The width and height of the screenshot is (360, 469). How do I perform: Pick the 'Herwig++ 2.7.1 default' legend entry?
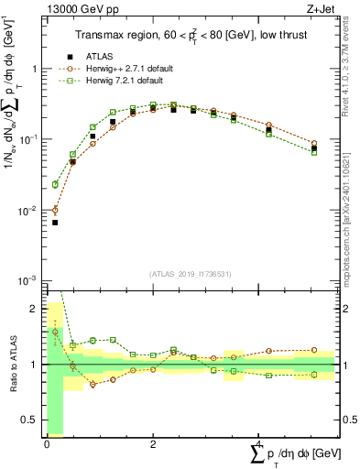123,68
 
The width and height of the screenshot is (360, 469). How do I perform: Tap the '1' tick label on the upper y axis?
34,69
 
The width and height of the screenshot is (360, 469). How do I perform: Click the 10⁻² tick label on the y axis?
29,211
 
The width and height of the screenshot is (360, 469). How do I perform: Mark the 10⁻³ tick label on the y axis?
29,280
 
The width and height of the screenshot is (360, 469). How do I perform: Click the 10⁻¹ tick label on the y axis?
29,139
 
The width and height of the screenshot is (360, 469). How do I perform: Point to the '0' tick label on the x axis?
47,444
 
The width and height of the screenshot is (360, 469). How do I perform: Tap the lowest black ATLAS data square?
55,223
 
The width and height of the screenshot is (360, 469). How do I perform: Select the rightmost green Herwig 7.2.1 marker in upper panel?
314,152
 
